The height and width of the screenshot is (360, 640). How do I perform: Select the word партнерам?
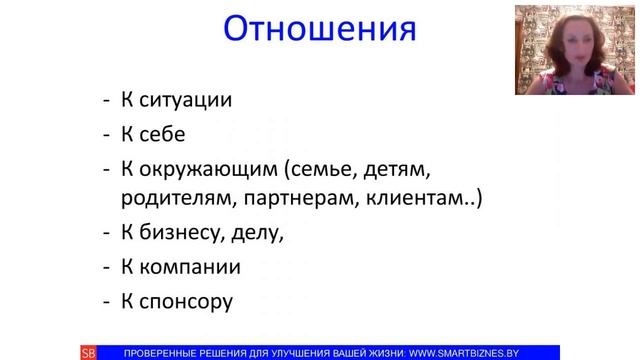point(292,198)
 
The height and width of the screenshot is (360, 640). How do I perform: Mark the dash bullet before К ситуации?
point(107,101)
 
